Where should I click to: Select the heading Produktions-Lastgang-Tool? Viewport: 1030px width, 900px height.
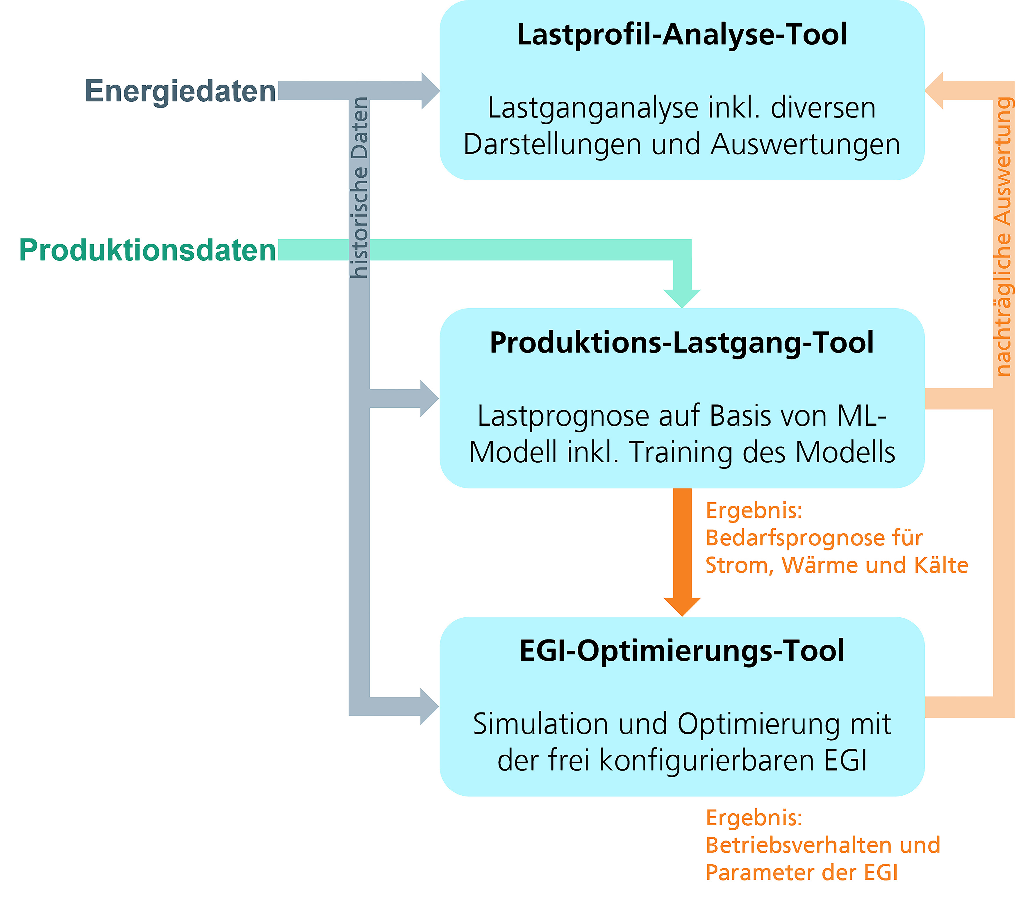pyautogui.click(x=681, y=343)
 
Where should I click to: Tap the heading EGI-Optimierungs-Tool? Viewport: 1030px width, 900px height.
pyautogui.click(x=681, y=651)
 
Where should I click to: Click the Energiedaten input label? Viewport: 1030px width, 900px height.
pyautogui.click(x=181, y=91)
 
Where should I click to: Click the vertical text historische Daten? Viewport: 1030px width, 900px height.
pyautogui.click(x=360, y=187)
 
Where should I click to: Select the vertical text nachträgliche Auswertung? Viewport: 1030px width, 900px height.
pyautogui.click(x=1003, y=236)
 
